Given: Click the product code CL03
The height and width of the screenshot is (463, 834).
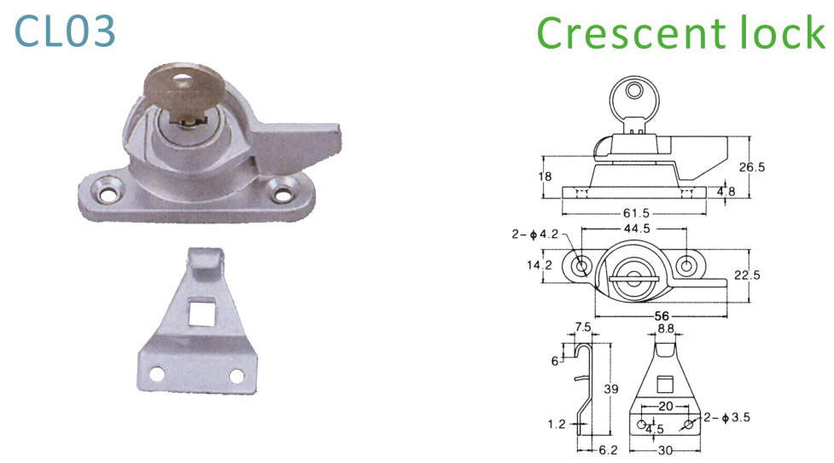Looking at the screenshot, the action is [64, 32].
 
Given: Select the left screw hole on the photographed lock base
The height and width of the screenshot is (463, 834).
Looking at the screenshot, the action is [108, 193].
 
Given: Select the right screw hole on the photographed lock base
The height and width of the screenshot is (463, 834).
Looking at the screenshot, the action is [282, 192].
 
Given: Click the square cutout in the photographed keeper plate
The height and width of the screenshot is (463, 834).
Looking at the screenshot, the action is [201, 310].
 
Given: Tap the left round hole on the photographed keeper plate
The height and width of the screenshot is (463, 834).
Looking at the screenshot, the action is [157, 373].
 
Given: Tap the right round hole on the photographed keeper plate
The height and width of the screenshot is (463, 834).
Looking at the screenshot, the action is [236, 376].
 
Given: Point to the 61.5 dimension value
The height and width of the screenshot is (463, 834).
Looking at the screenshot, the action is [636, 213].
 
